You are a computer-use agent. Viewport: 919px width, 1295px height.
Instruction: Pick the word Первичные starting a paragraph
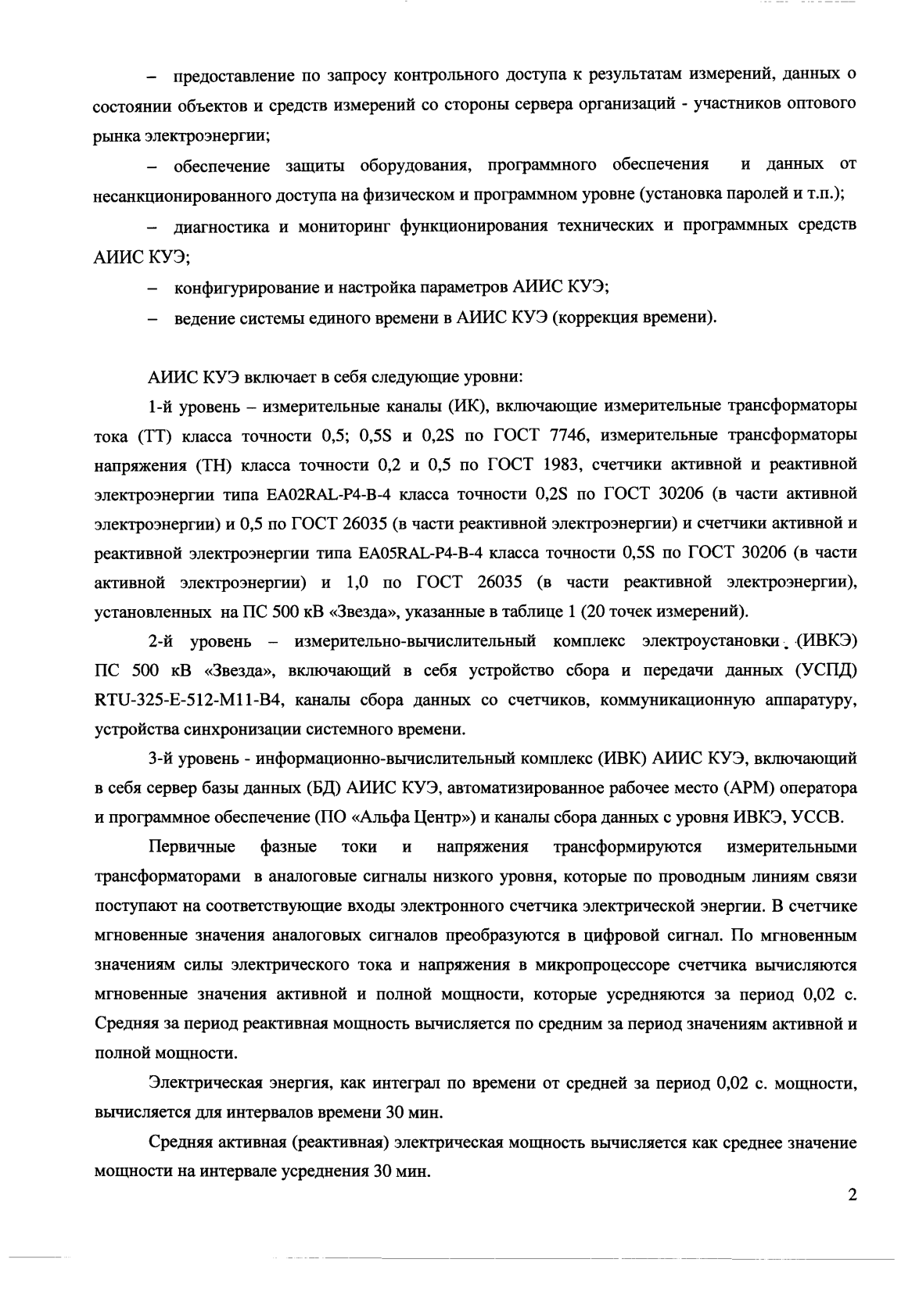click(192, 847)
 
